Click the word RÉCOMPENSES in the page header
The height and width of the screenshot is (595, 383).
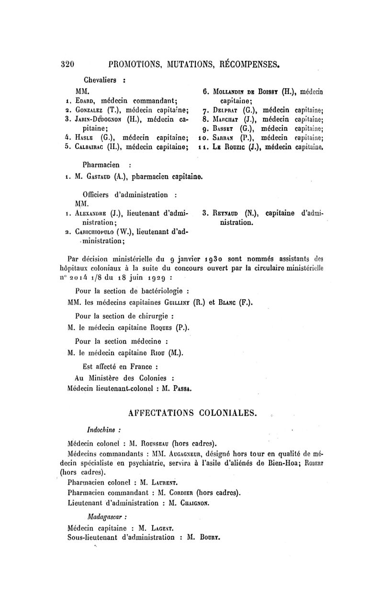[x=245, y=64]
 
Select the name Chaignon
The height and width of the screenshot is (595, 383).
[x=195, y=503]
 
